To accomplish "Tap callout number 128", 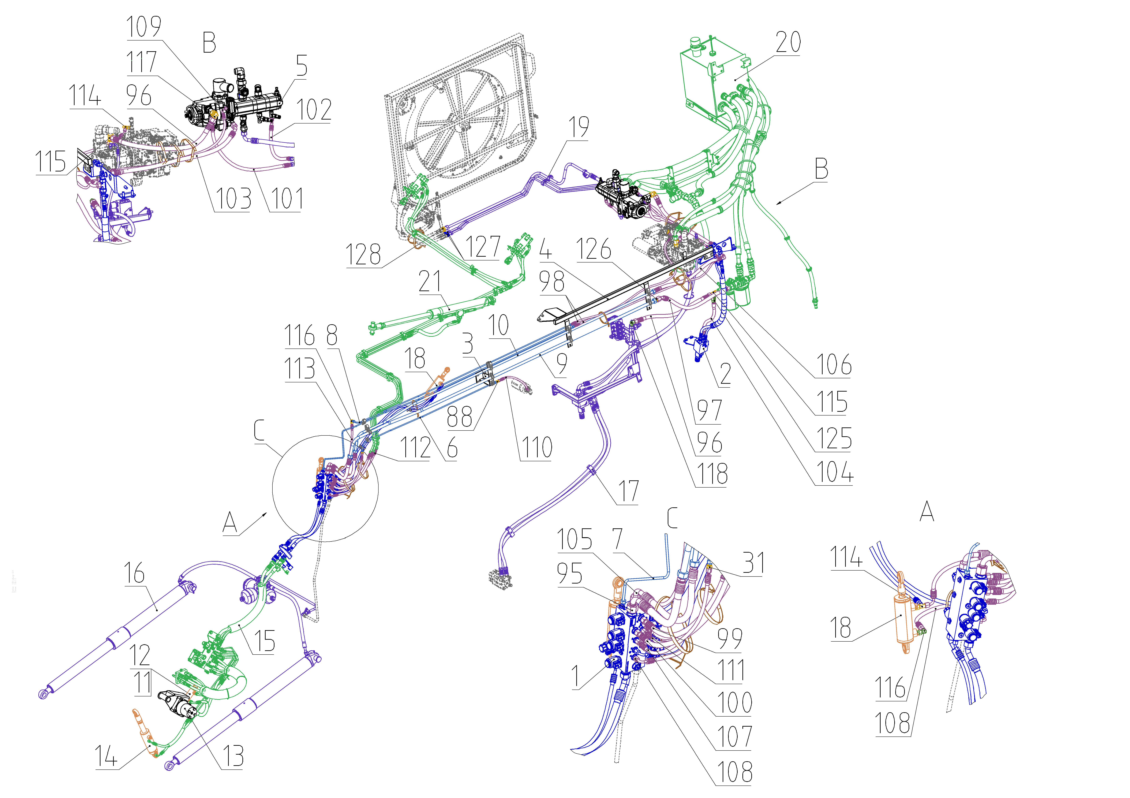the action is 363,255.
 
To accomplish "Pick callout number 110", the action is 537,447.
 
